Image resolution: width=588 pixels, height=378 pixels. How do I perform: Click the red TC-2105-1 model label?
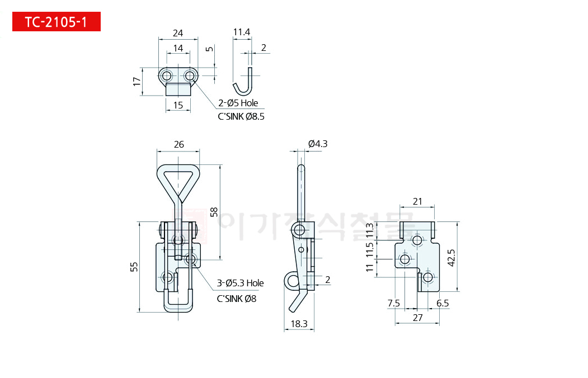click(56, 22)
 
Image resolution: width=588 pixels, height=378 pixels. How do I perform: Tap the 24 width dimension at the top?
click(178, 33)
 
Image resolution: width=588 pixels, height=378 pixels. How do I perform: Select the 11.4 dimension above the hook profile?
click(241, 32)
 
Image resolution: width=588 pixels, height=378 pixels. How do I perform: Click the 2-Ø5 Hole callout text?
click(238, 103)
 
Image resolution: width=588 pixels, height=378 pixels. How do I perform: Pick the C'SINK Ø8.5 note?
click(241, 117)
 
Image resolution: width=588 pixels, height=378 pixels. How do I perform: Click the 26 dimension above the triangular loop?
click(178, 144)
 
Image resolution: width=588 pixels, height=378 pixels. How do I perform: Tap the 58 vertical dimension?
click(214, 212)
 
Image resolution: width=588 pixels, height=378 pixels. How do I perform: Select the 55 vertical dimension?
click(134, 267)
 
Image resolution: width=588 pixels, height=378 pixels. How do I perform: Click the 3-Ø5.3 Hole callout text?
click(241, 283)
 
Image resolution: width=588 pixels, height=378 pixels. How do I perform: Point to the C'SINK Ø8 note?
click(237, 299)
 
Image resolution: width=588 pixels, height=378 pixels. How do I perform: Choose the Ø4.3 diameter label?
click(318, 144)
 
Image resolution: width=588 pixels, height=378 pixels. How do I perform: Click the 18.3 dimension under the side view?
click(299, 323)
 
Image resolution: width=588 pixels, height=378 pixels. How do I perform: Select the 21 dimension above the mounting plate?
click(417, 201)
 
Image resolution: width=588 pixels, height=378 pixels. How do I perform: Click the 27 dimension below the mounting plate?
click(417, 317)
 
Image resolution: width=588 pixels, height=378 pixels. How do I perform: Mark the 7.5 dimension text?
click(394, 303)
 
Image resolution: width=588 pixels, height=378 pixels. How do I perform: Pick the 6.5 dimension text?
click(442, 303)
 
